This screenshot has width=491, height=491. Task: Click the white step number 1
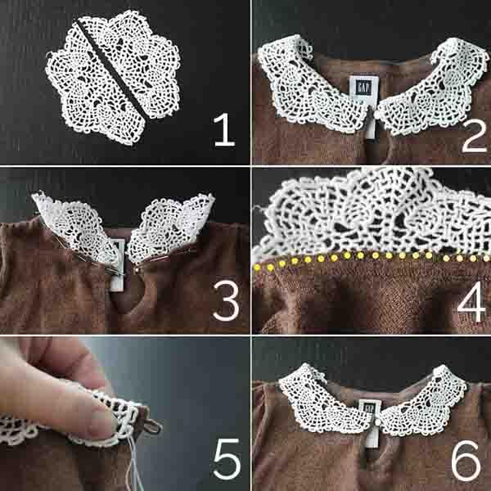click(x=224, y=129)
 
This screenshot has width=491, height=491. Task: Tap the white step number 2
click(x=474, y=136)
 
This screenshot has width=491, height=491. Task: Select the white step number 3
click(x=226, y=300)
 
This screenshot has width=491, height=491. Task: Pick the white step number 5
click(x=227, y=459)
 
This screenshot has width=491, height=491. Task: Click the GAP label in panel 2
click(x=363, y=88)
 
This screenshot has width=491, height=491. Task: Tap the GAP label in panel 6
click(x=370, y=408)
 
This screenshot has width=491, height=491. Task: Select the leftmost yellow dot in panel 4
click(x=257, y=268)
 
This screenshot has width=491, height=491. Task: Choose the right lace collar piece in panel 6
click(x=423, y=401)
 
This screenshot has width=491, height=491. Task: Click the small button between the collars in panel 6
click(x=378, y=422)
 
